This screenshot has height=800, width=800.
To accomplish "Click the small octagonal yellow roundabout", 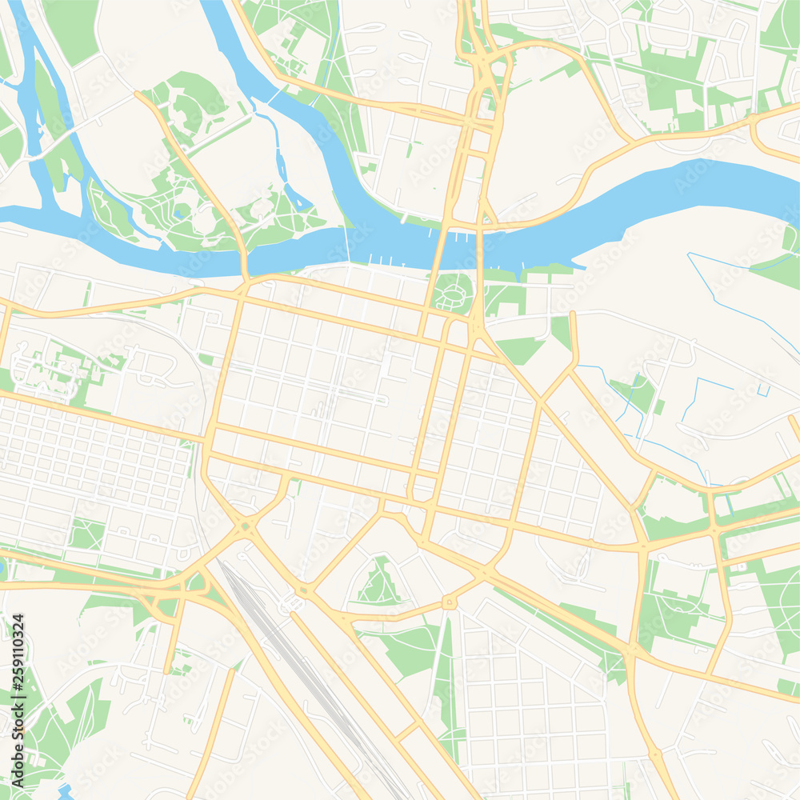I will (x=449, y=602).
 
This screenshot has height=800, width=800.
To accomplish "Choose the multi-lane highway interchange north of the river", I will (x=485, y=72).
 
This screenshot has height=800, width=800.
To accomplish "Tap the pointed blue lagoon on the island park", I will (x=296, y=196).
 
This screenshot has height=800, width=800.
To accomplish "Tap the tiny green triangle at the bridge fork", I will (x=484, y=212).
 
